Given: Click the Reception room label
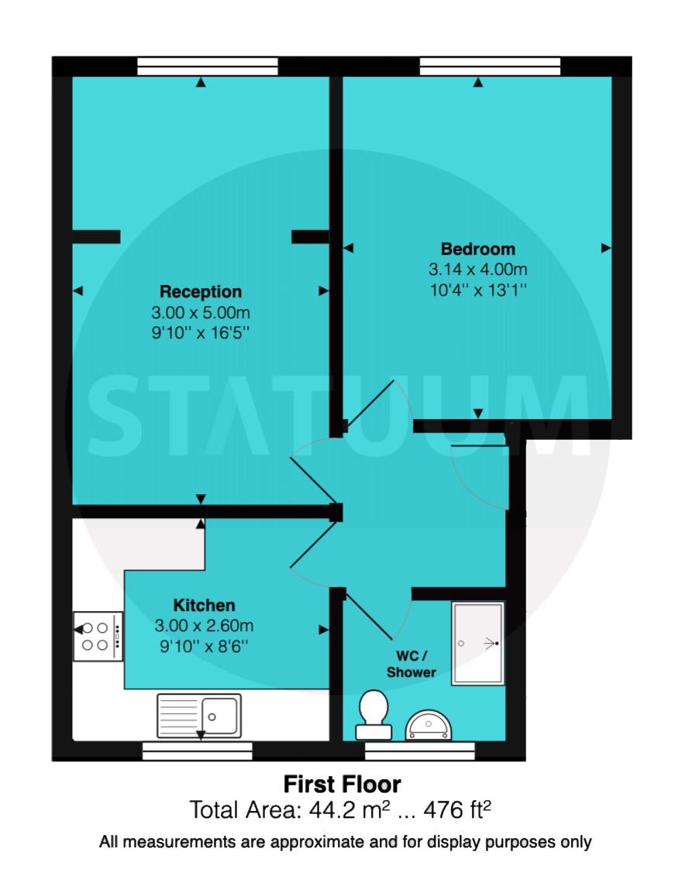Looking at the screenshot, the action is click(201, 291).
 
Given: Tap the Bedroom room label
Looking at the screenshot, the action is click(478, 249).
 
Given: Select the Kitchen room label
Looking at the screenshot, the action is click(204, 605).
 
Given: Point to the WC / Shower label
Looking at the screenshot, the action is click(411, 664).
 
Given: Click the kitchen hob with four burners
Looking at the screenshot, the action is click(98, 637).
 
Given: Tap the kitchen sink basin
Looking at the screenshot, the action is click(220, 716).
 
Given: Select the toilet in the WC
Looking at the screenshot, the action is click(373, 715).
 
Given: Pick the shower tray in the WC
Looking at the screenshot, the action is click(477, 644).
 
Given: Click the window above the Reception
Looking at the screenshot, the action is click(208, 66).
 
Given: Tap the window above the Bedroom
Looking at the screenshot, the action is click(490, 66).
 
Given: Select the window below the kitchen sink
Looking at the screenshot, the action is click(198, 751).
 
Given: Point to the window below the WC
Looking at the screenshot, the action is click(420, 751).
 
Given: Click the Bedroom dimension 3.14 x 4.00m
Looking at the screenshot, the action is click(478, 270).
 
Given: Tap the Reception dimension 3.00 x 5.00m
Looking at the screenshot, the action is click(201, 312).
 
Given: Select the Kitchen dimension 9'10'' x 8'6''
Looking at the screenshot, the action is click(204, 646).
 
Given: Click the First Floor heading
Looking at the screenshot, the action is click(342, 785).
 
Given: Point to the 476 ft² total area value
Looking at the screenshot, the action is click(457, 810).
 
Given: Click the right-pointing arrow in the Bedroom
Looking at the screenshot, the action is click(606, 248).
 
